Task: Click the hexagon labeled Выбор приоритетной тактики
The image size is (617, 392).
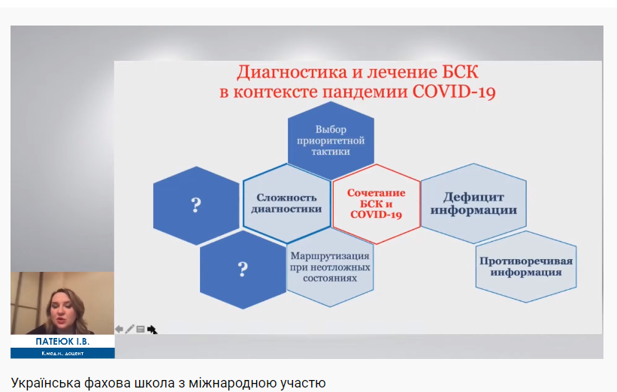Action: click(331, 140)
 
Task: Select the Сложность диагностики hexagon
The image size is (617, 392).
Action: click(286, 204)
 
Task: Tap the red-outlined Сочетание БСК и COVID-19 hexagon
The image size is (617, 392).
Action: click(377, 204)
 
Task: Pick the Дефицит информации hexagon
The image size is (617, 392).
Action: click(473, 204)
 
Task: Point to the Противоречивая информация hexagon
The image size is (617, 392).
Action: click(526, 267)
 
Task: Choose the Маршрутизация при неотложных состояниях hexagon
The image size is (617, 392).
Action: click(330, 267)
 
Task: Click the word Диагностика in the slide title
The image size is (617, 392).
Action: click(292, 72)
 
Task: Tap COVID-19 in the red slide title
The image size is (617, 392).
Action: click(454, 92)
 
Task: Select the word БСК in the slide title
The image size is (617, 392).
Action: click(460, 72)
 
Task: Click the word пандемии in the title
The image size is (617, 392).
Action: click(365, 92)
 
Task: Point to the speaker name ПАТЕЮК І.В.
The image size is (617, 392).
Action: click(62, 341)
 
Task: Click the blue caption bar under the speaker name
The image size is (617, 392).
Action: click(62, 353)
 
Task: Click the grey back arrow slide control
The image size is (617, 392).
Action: click(119, 329)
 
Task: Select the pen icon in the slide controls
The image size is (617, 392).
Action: click(129, 329)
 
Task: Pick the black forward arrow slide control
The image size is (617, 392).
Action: click(152, 330)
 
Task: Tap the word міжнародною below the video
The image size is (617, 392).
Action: click(232, 382)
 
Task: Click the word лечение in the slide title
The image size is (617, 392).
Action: click(402, 72)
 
